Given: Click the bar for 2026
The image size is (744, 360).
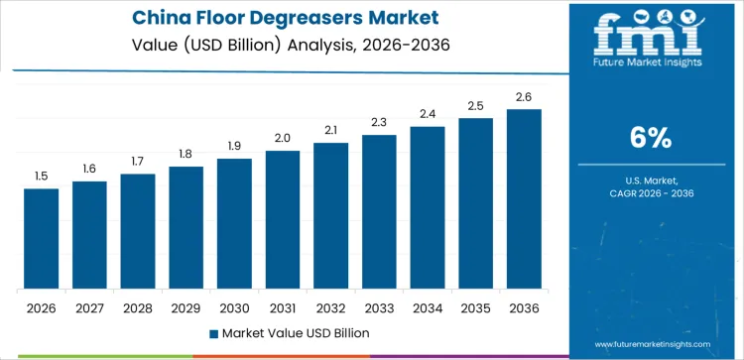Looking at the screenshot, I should pos(41,239).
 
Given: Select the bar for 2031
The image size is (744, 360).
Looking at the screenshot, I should pos(283,220).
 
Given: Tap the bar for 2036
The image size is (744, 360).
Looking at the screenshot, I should pos(524,199).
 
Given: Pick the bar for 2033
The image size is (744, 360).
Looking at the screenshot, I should pos(379,212).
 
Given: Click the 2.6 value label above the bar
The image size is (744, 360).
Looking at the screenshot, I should pos(524,97).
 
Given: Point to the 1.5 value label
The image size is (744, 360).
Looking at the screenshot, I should pos(41,177).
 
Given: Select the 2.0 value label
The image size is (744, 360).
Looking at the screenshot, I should pos(283,139).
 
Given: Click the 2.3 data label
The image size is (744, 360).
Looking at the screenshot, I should pos(379,123).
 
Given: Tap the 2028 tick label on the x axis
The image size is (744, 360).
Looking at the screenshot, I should pos(138,307).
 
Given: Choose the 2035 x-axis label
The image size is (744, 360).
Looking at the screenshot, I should pos(475,307).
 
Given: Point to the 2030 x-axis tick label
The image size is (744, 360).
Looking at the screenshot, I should pos(234,307).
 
